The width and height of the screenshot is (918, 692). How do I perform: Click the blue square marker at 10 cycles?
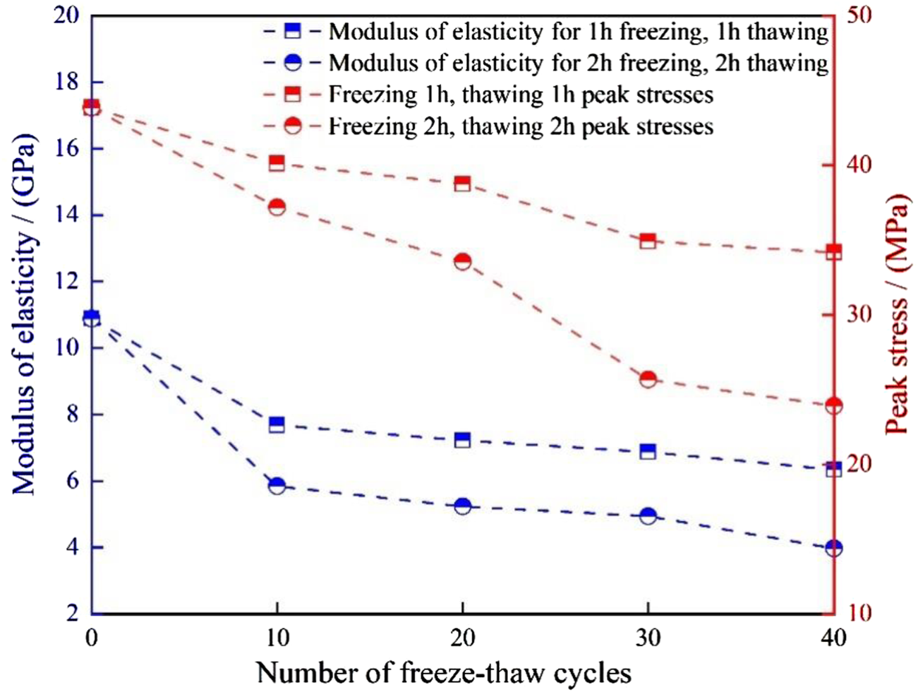point(277,424)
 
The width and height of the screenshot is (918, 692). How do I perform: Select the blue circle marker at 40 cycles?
point(833,548)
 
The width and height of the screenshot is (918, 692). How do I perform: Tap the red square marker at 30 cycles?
point(648,241)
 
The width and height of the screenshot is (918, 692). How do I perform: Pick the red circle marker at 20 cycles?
point(462,262)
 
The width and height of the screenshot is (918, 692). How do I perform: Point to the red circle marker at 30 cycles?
point(648,379)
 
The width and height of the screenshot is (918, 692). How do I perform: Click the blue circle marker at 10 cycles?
point(277,486)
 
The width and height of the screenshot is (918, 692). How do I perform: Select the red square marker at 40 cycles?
point(833,252)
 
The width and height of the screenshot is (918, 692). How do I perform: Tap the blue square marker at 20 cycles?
point(462,440)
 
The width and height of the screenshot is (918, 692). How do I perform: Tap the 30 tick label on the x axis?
point(648,639)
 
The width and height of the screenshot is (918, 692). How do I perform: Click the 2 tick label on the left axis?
point(71,614)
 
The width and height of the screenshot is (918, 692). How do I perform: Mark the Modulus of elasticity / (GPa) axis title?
point(23,316)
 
